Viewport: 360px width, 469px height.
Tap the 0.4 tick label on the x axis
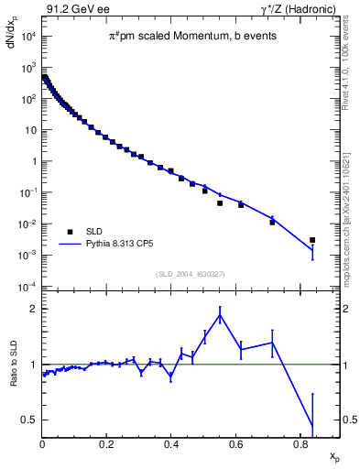[171, 445]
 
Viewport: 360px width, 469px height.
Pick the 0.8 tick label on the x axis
[300, 445]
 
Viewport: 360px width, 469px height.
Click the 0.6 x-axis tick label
[235, 445]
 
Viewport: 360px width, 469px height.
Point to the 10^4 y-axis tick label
[28, 37]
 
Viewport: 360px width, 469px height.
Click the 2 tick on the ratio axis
[33, 309]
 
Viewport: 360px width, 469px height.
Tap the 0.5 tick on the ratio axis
[29, 420]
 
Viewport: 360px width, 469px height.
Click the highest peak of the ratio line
[220, 315]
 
